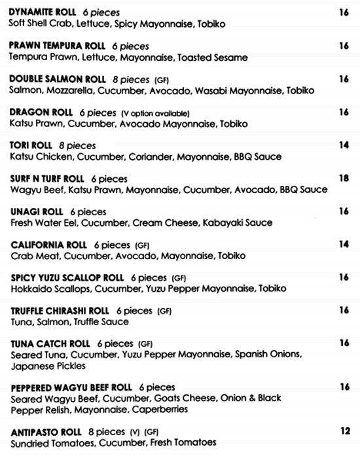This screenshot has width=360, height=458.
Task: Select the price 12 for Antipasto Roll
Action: pos(345,431)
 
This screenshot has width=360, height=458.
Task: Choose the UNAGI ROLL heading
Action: pos(36,212)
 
